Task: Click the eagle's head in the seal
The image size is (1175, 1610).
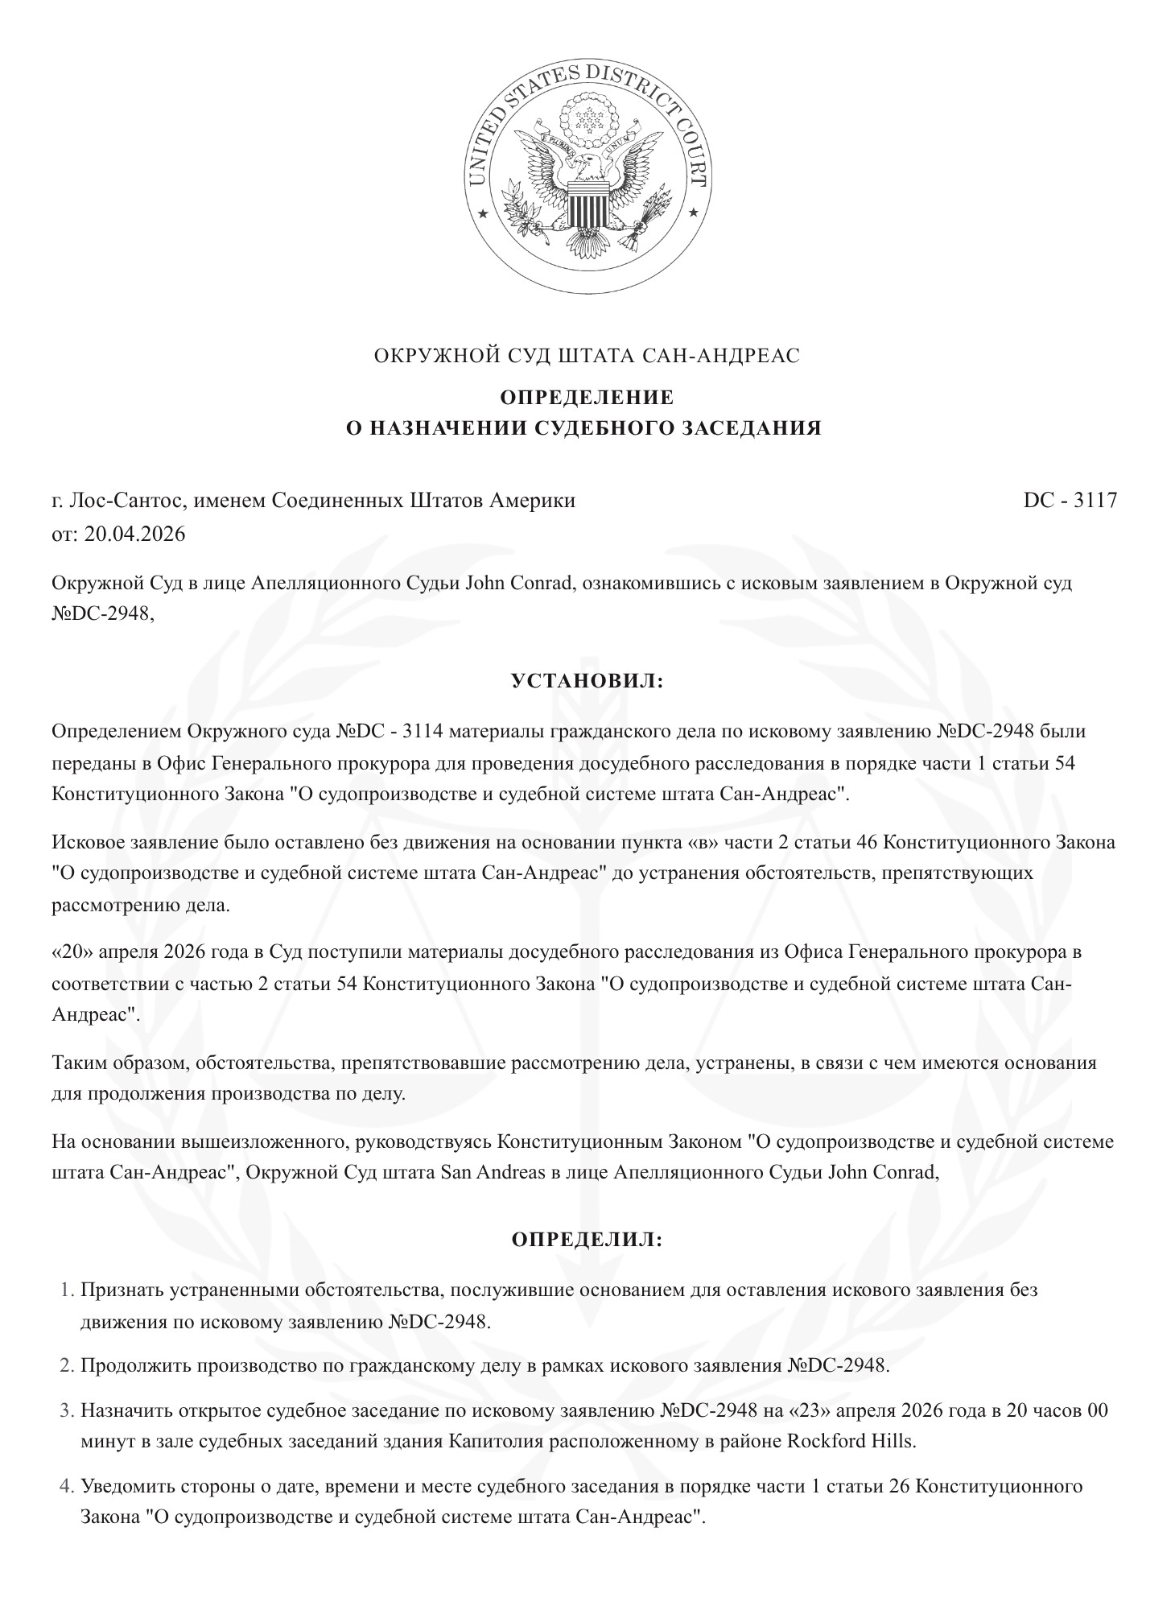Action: pos(591,166)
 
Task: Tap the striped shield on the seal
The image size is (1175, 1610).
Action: pos(587,206)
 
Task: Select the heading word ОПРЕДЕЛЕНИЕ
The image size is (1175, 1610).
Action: pos(587,398)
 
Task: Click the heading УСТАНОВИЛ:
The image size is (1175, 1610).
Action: pos(587,681)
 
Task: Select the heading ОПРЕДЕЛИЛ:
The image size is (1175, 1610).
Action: pos(587,1240)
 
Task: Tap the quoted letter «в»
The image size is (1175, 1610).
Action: pos(697,842)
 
